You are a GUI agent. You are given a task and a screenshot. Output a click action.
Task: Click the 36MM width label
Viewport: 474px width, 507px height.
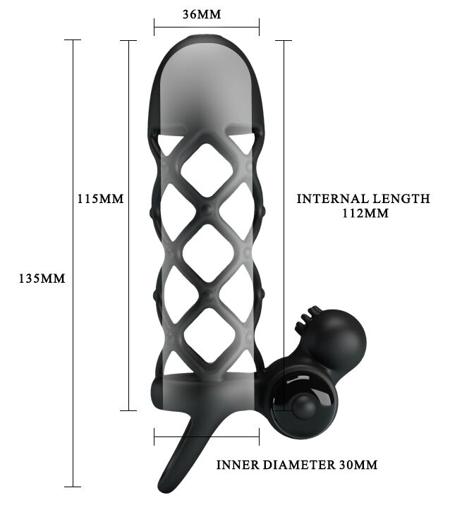point(202,14)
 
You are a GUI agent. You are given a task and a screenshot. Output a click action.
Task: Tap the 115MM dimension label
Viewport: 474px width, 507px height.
point(100,199)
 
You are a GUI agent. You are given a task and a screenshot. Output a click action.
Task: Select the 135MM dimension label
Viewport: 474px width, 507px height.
point(42,279)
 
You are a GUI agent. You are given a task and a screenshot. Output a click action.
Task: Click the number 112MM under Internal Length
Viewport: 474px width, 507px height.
point(365,214)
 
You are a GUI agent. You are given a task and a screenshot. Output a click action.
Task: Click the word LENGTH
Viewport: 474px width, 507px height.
point(401,199)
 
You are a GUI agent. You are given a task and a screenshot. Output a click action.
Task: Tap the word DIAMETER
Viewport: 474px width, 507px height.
point(299,465)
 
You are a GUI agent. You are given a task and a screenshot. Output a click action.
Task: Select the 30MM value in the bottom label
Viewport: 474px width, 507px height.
point(358,465)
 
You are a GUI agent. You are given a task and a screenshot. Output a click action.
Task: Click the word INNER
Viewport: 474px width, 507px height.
point(238,465)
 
